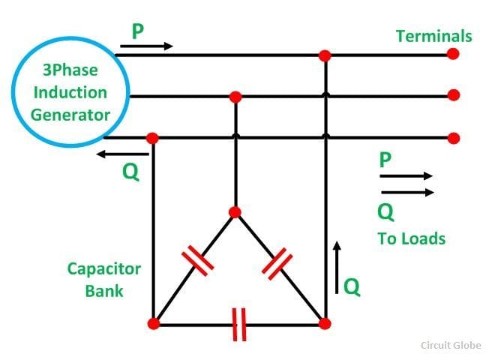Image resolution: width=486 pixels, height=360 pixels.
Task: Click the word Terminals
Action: [434, 36]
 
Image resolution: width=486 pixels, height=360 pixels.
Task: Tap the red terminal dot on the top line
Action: [453, 54]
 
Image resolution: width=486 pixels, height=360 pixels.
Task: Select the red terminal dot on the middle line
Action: [454, 95]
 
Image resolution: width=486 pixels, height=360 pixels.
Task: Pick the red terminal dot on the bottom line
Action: [454, 138]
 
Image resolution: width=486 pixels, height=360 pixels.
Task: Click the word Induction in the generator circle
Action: [70, 92]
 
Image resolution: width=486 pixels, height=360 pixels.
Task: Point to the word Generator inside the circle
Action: [70, 115]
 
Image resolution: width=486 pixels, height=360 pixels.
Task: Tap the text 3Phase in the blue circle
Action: [70, 70]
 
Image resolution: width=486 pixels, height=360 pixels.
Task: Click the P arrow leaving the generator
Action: [146, 46]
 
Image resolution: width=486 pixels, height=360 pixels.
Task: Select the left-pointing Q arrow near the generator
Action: [123, 154]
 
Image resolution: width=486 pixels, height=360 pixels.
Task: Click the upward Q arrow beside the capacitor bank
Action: [337, 267]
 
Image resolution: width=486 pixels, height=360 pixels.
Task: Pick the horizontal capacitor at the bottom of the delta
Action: [239, 324]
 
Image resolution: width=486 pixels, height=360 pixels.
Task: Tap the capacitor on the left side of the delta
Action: [198, 260]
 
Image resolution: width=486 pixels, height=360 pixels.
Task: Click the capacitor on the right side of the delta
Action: [277, 264]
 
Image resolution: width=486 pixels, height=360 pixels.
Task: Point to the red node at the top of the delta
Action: [235, 212]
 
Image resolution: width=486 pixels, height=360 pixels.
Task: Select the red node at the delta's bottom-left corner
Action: [154, 323]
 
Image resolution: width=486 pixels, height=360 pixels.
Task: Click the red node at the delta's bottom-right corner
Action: [325, 323]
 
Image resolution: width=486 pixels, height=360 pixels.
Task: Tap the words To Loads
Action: [412, 238]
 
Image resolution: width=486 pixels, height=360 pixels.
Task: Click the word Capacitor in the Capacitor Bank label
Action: [104, 268]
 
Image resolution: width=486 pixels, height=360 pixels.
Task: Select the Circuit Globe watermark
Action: [451, 345]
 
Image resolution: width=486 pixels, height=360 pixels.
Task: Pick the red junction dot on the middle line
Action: [235, 97]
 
